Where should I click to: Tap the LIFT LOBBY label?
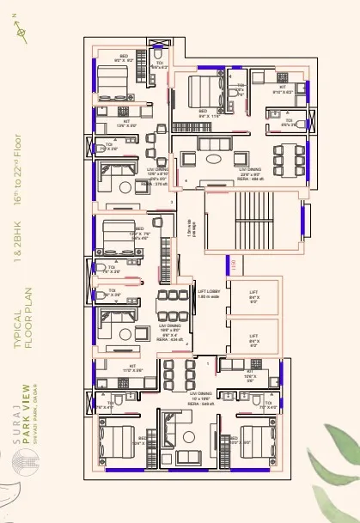pos(211,294)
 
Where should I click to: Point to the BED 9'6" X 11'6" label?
pos(204,113)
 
